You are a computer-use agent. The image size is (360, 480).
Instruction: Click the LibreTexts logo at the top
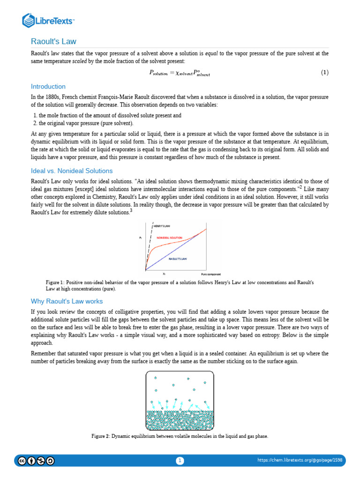click(49, 20)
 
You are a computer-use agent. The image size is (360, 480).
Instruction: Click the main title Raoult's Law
click(53, 41)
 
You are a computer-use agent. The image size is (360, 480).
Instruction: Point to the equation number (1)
click(325, 73)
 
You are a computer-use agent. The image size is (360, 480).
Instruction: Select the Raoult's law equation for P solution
click(180, 73)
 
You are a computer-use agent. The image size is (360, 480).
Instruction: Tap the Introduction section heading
click(48, 87)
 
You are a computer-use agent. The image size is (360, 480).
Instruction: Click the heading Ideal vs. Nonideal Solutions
click(72, 171)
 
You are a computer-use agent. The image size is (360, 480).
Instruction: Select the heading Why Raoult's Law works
click(67, 301)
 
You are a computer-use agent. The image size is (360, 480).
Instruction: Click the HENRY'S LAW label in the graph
click(162, 226)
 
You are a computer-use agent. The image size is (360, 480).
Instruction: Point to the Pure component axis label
click(210, 274)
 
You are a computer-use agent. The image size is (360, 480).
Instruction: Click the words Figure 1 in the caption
click(54, 283)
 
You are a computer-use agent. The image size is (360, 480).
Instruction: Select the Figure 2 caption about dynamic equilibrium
click(180, 436)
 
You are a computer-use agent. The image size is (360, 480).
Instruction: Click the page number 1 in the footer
click(180, 461)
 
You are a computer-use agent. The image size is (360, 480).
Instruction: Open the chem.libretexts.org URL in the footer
click(300, 460)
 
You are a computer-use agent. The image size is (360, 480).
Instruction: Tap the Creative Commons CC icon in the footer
click(22, 461)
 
